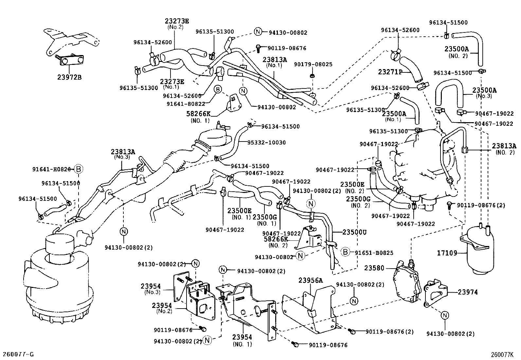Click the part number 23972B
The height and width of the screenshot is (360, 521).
pos(69,77)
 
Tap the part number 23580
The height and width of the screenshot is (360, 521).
pos(374,268)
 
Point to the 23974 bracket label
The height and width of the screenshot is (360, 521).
pos(468,292)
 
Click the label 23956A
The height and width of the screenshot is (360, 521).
pos(310,280)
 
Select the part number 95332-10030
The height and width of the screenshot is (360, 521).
pos(266,142)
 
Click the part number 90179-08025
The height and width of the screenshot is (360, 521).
pos(313,65)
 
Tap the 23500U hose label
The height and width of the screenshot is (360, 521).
pos(354,232)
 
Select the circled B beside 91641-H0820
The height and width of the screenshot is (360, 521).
pos(79,169)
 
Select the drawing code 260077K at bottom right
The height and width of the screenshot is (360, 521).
pos(502,354)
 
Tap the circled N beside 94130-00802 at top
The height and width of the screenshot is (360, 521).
pos(258,31)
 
